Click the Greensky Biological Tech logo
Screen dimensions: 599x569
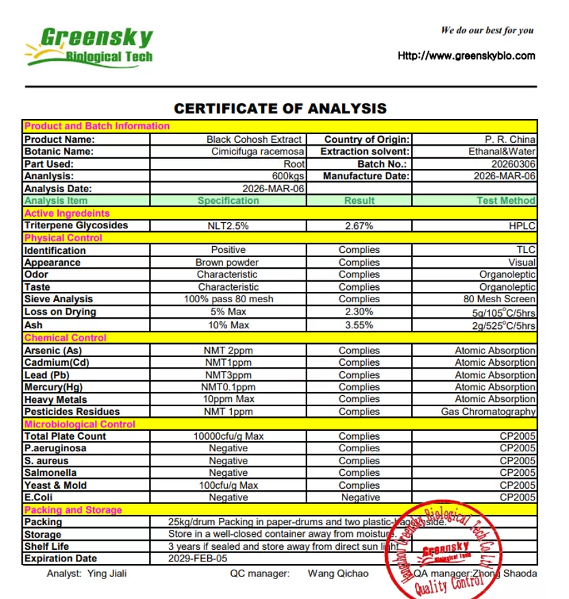(89, 46)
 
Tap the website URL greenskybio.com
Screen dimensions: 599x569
(466, 55)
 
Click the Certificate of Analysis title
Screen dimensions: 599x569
(280, 108)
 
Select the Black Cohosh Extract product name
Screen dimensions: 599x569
(254, 139)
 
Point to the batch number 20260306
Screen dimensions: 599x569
(514, 164)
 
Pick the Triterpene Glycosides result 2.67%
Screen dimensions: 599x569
(360, 226)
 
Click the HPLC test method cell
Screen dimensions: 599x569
(522, 226)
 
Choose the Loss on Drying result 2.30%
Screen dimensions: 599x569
(360, 312)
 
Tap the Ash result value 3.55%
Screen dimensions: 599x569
(360, 325)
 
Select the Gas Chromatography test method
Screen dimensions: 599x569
(488, 412)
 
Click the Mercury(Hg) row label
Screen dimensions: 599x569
(54, 387)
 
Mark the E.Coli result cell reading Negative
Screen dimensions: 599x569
(360, 497)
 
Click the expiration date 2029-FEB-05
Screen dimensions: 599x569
(198, 558)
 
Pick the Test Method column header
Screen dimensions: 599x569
(506, 200)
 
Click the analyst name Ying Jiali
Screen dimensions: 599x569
(107, 574)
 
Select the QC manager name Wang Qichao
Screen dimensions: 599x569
(338, 574)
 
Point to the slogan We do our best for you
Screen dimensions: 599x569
(487, 30)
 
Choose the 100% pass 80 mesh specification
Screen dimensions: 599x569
(228, 299)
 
